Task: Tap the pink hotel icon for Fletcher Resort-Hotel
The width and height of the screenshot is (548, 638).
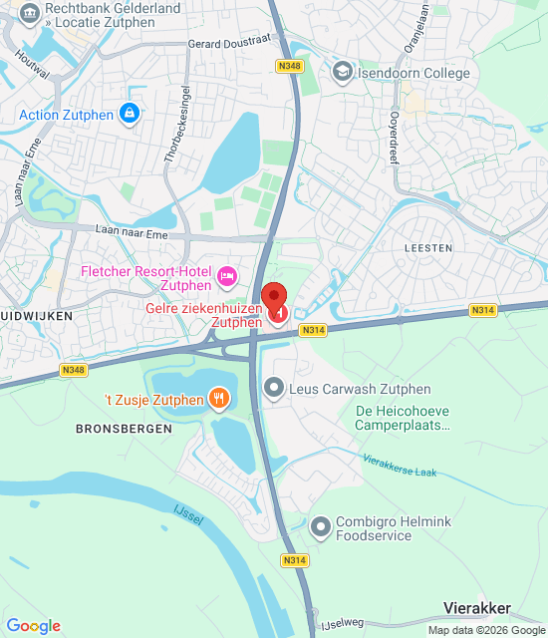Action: coord(227,274)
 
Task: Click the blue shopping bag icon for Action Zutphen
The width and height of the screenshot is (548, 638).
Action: coord(128,115)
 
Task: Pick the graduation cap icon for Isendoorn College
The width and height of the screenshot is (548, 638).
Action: coord(343,72)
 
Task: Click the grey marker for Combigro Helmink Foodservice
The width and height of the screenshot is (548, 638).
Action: coord(320,526)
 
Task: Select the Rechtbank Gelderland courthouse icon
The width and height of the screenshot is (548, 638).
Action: coord(29,13)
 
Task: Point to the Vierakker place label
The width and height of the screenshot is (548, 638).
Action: coord(477,608)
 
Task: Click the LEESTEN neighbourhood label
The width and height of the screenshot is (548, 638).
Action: coord(428,247)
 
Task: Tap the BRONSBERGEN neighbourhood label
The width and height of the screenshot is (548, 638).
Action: coord(124,429)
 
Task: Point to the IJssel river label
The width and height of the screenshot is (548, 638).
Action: coord(182,509)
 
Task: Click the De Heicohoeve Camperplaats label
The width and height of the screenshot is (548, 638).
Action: coord(404,418)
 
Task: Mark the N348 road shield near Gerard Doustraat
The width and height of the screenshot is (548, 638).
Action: coord(290,66)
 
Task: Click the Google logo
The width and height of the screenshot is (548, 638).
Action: coord(33,626)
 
